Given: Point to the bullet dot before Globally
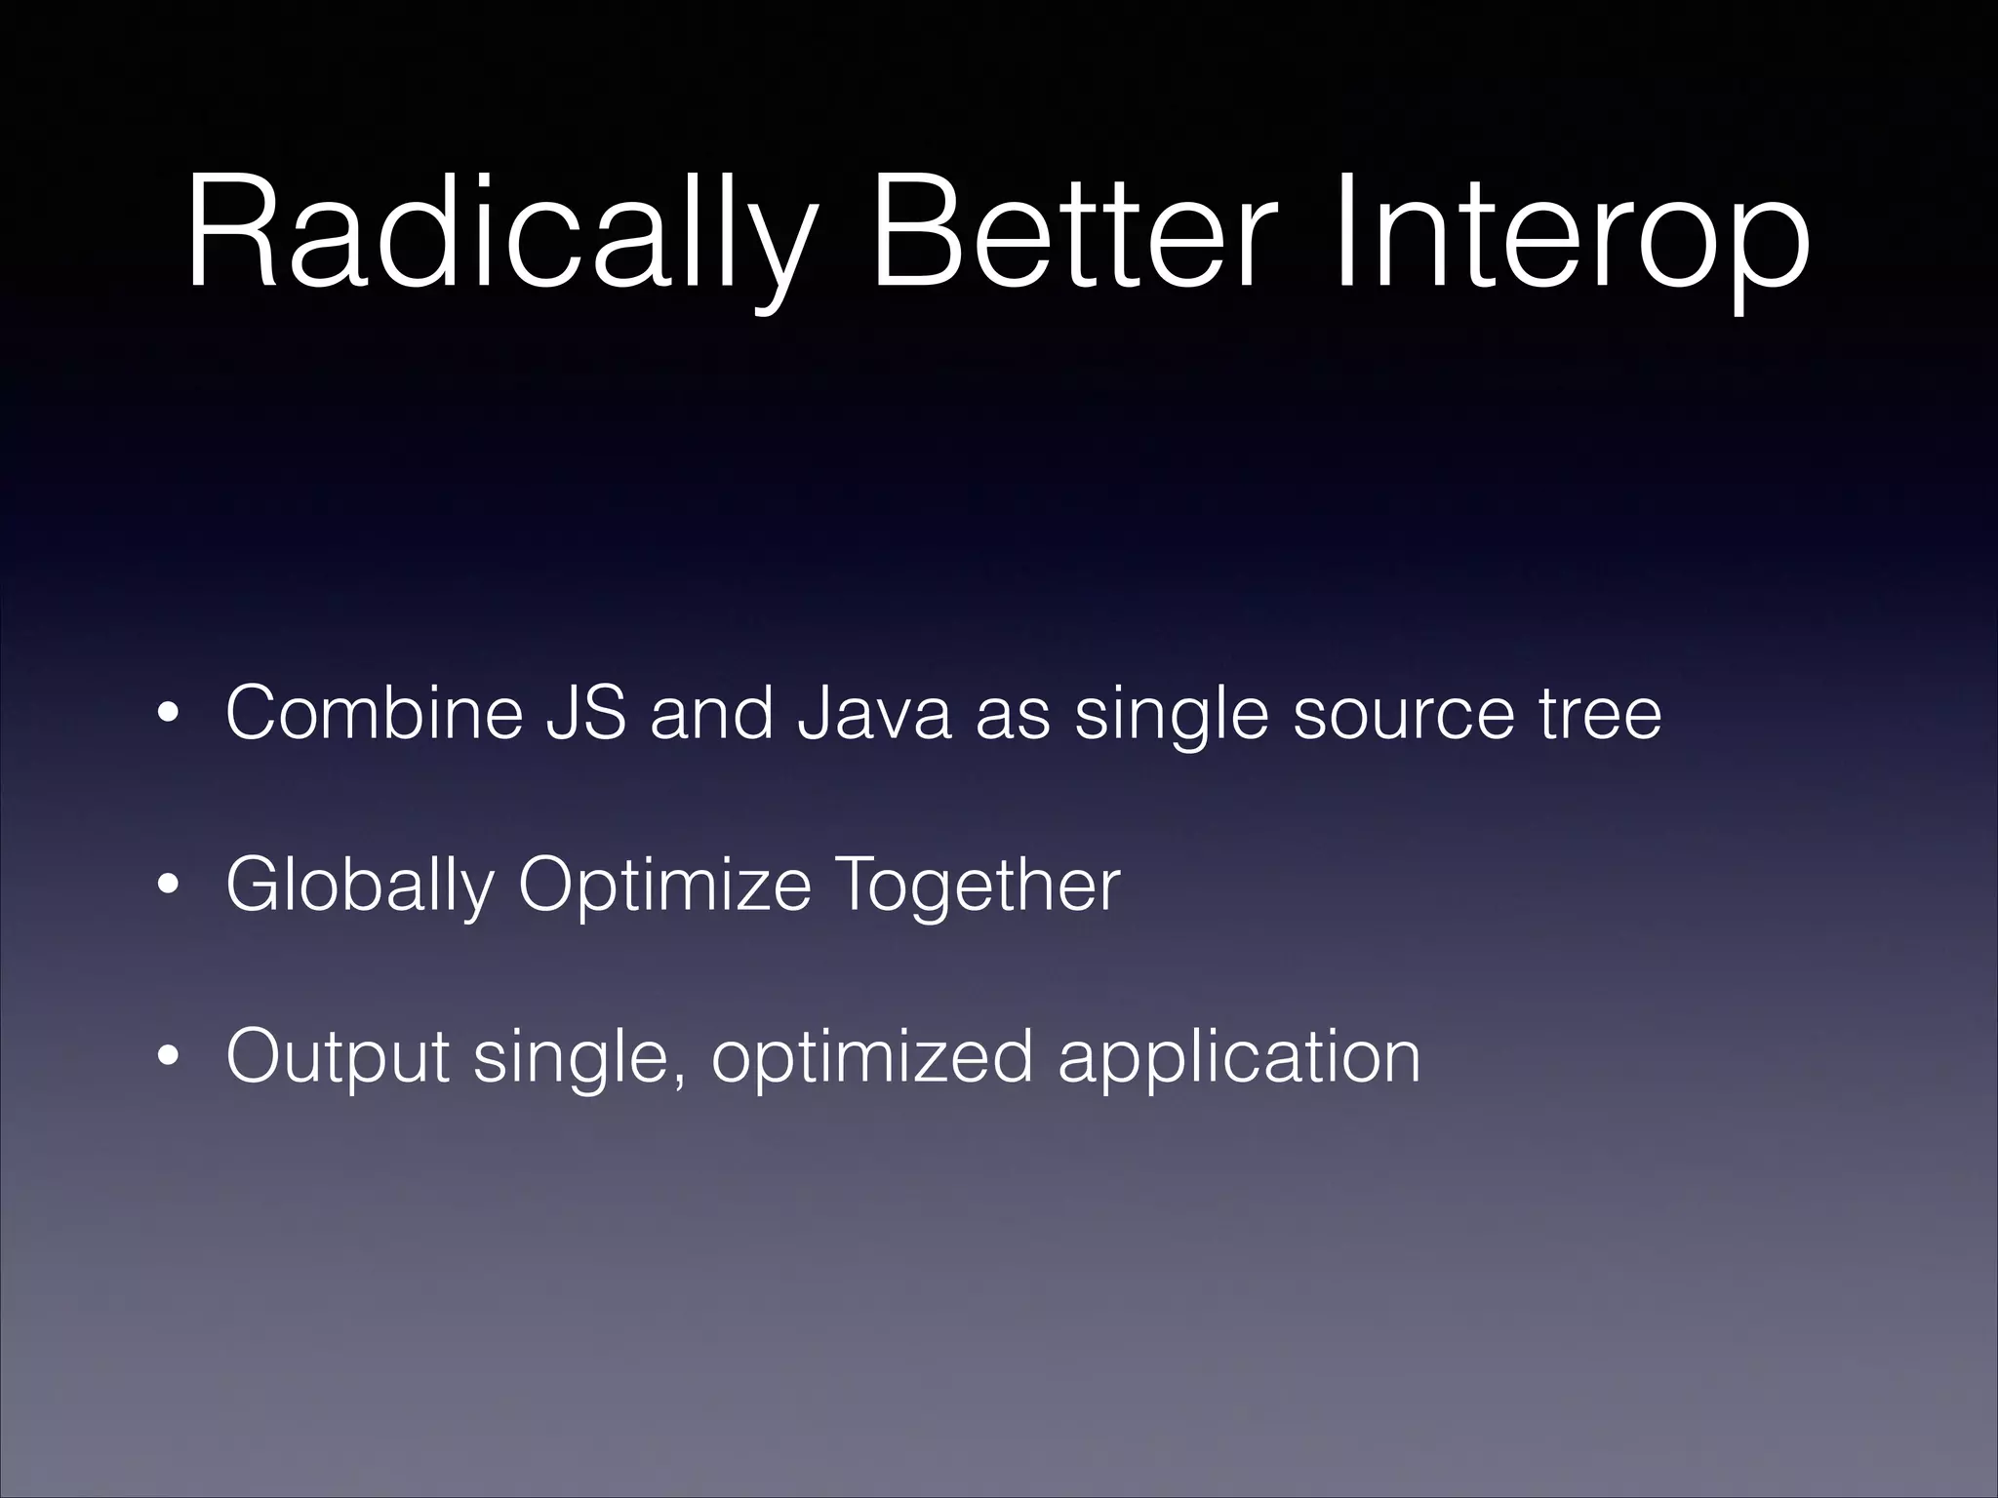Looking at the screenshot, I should tap(169, 888).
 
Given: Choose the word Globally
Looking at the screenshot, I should tap(359, 887).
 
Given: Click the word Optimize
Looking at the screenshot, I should tap(664, 887).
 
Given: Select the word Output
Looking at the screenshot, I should tap(338, 1057).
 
